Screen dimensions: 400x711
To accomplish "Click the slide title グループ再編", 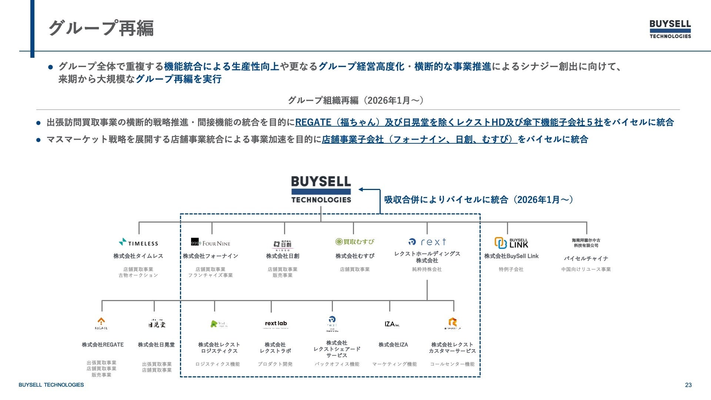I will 101,28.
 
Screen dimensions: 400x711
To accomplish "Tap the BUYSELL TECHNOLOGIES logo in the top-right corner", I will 670,29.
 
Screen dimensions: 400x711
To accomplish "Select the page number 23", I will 688,385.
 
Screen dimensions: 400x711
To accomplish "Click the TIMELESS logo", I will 138,243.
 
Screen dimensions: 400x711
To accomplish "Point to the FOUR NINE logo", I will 210,243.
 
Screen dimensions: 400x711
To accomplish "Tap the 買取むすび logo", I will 354,242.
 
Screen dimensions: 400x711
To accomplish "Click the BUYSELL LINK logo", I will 511,243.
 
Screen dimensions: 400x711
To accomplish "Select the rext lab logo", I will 276,324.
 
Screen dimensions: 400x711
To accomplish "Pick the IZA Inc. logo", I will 392,324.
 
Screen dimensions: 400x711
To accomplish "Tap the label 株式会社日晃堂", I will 156,345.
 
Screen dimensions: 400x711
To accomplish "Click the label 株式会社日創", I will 283,256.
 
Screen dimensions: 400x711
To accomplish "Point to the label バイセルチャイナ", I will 586,259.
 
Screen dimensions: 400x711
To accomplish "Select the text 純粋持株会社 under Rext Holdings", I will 427,269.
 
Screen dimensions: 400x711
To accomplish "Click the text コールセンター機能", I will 452,364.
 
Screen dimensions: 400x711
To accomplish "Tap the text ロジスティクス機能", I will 217,364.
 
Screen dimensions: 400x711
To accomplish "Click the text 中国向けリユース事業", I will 586,269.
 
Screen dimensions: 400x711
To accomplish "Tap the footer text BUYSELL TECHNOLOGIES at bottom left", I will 51,385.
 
